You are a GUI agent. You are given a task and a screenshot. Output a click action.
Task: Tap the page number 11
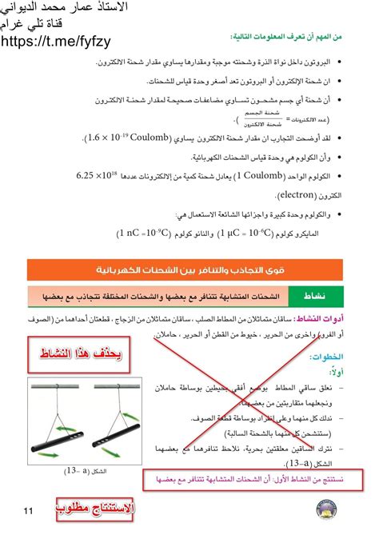click(29, 509)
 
